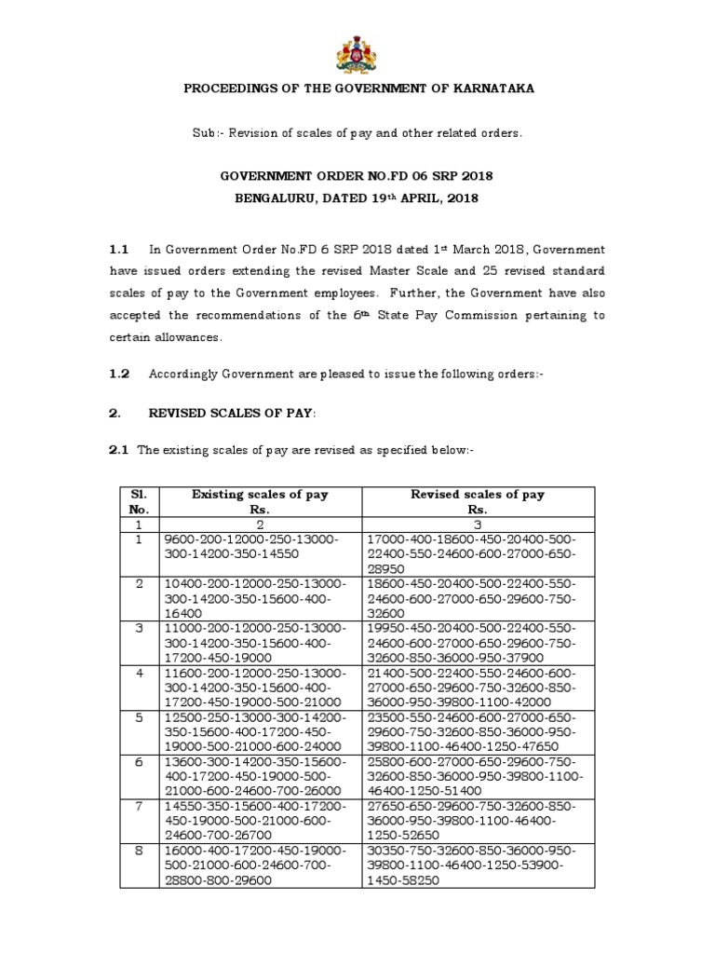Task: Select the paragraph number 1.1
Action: tap(117, 250)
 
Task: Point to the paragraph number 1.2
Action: tap(117, 374)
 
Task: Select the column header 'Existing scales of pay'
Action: tap(260, 495)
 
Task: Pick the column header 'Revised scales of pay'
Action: tap(478, 495)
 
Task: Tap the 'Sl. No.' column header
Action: tap(137, 502)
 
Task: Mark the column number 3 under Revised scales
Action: tap(478, 525)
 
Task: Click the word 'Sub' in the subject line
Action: tap(203, 133)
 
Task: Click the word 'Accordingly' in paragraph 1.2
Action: tap(185, 374)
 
